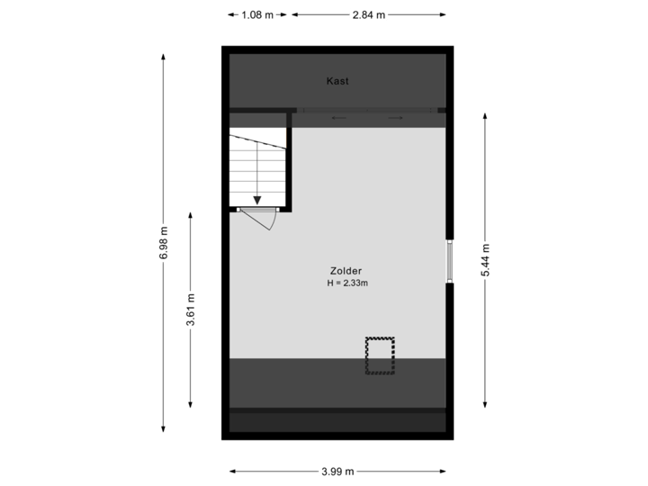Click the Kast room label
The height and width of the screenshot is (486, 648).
[337, 81]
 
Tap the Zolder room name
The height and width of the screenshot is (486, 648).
[346, 271]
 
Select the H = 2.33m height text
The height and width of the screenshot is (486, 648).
[348, 283]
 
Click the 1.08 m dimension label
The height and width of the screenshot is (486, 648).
[256, 14]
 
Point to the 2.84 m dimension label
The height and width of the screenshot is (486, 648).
[369, 14]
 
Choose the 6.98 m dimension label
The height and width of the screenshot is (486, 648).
[163, 243]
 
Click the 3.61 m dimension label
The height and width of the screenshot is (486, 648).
[191, 310]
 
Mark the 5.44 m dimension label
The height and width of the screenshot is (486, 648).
[485, 261]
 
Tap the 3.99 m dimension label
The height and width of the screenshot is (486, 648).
[337, 471]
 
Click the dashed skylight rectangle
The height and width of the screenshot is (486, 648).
[380, 355]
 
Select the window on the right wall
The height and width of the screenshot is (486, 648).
[451, 261]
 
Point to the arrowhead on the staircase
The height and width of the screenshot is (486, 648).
[258, 201]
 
